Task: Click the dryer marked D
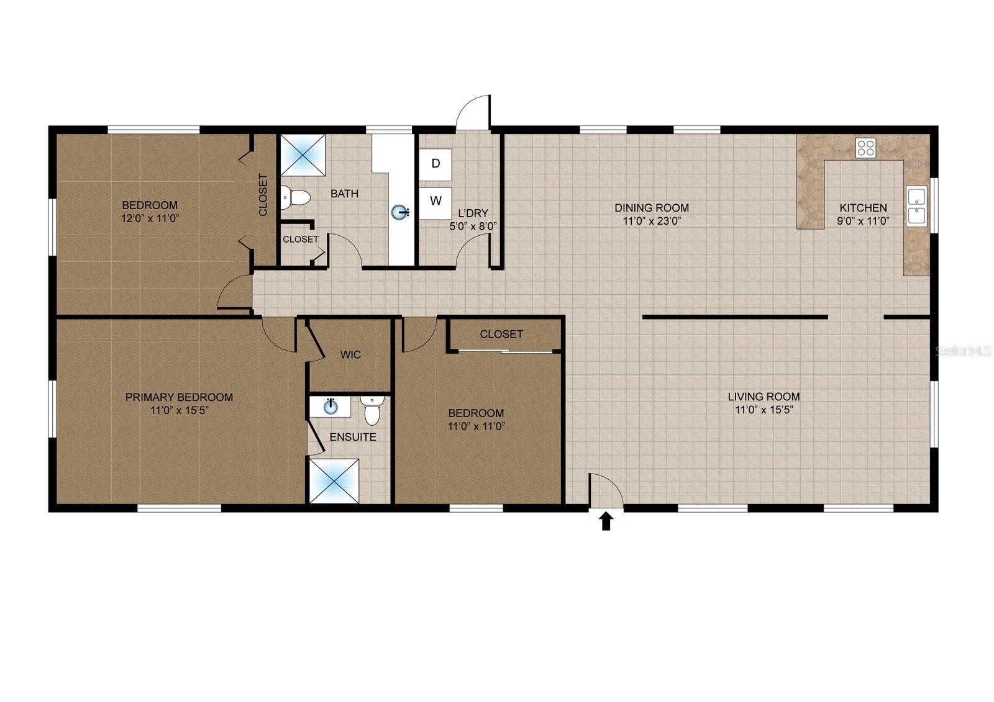tap(435, 164)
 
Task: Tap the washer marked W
tap(435, 203)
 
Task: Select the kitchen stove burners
tap(865, 148)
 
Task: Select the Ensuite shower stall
tap(334, 481)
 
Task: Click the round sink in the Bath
tap(400, 212)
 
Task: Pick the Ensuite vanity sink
tap(330, 407)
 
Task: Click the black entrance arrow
tap(606, 521)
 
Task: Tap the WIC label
tap(350, 355)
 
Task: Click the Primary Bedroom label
tap(180, 397)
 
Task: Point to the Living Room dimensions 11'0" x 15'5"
tap(764, 410)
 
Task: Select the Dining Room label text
tap(652, 207)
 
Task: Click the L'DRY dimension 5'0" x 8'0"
tap(473, 226)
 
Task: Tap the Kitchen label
tap(864, 207)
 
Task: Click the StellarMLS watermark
tap(964, 351)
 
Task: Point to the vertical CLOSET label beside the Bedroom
tap(263, 195)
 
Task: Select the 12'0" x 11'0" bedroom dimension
tap(150, 218)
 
